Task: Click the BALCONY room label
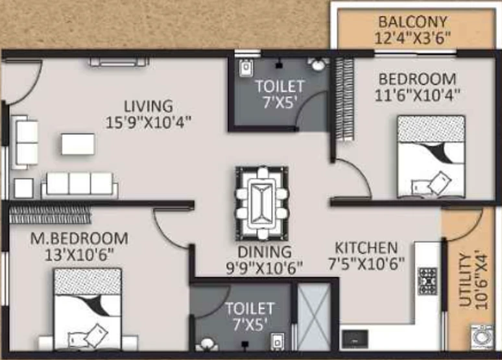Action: click(x=412, y=22)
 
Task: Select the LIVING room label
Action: click(x=149, y=106)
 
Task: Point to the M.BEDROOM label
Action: click(x=79, y=239)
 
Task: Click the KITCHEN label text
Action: click(x=366, y=248)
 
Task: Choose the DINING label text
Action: click(x=265, y=252)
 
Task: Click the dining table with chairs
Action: click(x=262, y=203)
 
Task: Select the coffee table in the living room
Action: click(x=78, y=144)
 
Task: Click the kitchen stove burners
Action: click(x=427, y=282)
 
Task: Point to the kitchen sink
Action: click(x=355, y=339)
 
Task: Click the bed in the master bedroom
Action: click(x=88, y=309)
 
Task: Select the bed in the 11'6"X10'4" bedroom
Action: click(x=431, y=157)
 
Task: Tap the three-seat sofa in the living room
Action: click(x=79, y=185)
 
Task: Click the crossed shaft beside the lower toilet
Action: click(x=314, y=317)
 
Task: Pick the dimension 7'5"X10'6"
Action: click(x=366, y=264)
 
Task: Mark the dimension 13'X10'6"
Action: click(x=79, y=256)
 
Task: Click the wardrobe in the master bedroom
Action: click(x=50, y=215)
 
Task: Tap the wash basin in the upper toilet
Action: click(x=318, y=65)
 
